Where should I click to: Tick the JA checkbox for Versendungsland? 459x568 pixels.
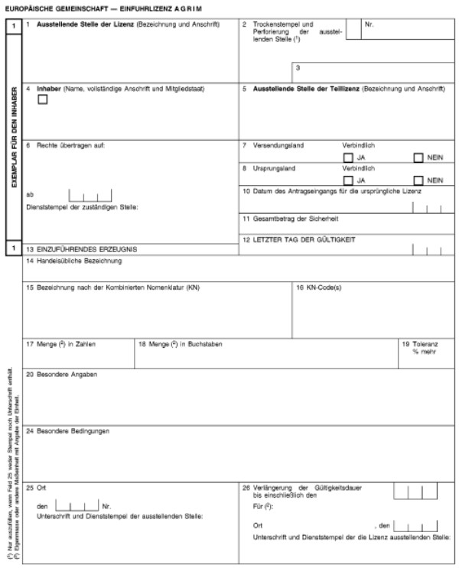[349, 158]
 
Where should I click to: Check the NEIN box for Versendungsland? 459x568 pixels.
[418, 158]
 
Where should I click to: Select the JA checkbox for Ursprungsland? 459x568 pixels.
[349, 180]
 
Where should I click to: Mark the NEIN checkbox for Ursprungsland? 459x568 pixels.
[418, 180]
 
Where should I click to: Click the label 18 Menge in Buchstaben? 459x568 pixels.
[181, 344]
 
